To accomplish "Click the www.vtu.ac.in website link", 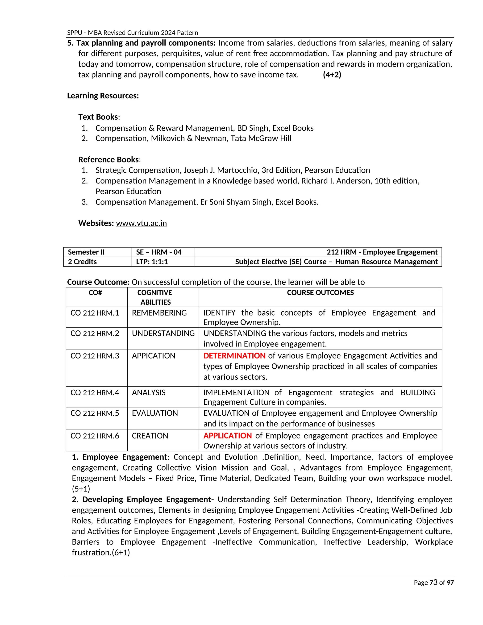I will tap(141, 223).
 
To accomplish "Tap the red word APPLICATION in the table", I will tap(228, 436).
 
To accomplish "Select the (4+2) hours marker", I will tap(332, 75).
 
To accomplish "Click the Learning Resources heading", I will tap(103, 96).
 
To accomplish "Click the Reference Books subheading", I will tap(109, 159).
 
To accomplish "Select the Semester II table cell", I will tap(86, 252).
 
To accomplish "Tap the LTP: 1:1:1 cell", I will tap(152, 262).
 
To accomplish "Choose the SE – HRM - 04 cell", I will tap(158, 252).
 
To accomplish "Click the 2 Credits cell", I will tap(82, 262).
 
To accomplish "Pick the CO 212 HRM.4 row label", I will tap(95, 393).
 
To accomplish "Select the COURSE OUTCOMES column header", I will tap(320, 292).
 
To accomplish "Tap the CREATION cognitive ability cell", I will tap(150, 436).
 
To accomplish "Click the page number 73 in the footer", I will tap(433, 582).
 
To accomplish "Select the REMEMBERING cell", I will tap(159, 313).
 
